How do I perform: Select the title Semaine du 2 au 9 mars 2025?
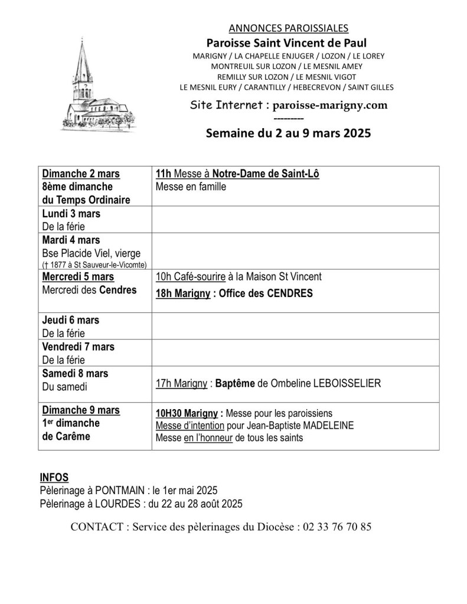(288, 133)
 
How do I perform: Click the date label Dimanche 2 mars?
(81, 174)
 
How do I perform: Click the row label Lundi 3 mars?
(71, 214)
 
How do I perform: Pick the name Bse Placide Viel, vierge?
(91, 253)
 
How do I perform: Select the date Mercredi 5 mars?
(79, 276)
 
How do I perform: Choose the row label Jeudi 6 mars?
(71, 320)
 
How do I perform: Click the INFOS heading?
(54, 477)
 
